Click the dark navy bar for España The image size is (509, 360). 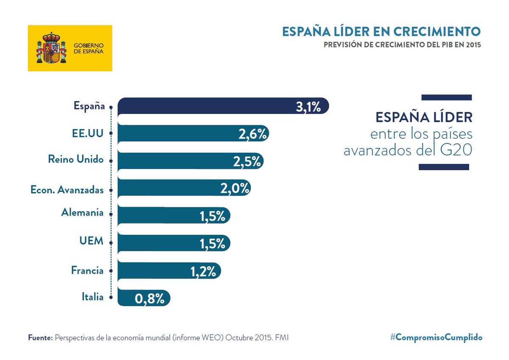coord(204,106)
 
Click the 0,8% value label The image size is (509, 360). coord(150,299)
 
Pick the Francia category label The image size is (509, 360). coord(87,270)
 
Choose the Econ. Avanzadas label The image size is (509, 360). coord(67,190)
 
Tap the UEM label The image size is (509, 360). coord(91,241)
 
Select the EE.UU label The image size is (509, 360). coord(87,133)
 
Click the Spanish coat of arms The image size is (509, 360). coord(51,48)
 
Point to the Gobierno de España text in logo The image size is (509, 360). coord(89,48)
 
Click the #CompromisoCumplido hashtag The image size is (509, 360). coord(436,337)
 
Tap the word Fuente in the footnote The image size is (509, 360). coord(40,338)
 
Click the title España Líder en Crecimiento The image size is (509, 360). coord(381,31)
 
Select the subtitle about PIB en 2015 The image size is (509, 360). coord(402,45)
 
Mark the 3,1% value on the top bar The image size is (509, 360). coord(308,107)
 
